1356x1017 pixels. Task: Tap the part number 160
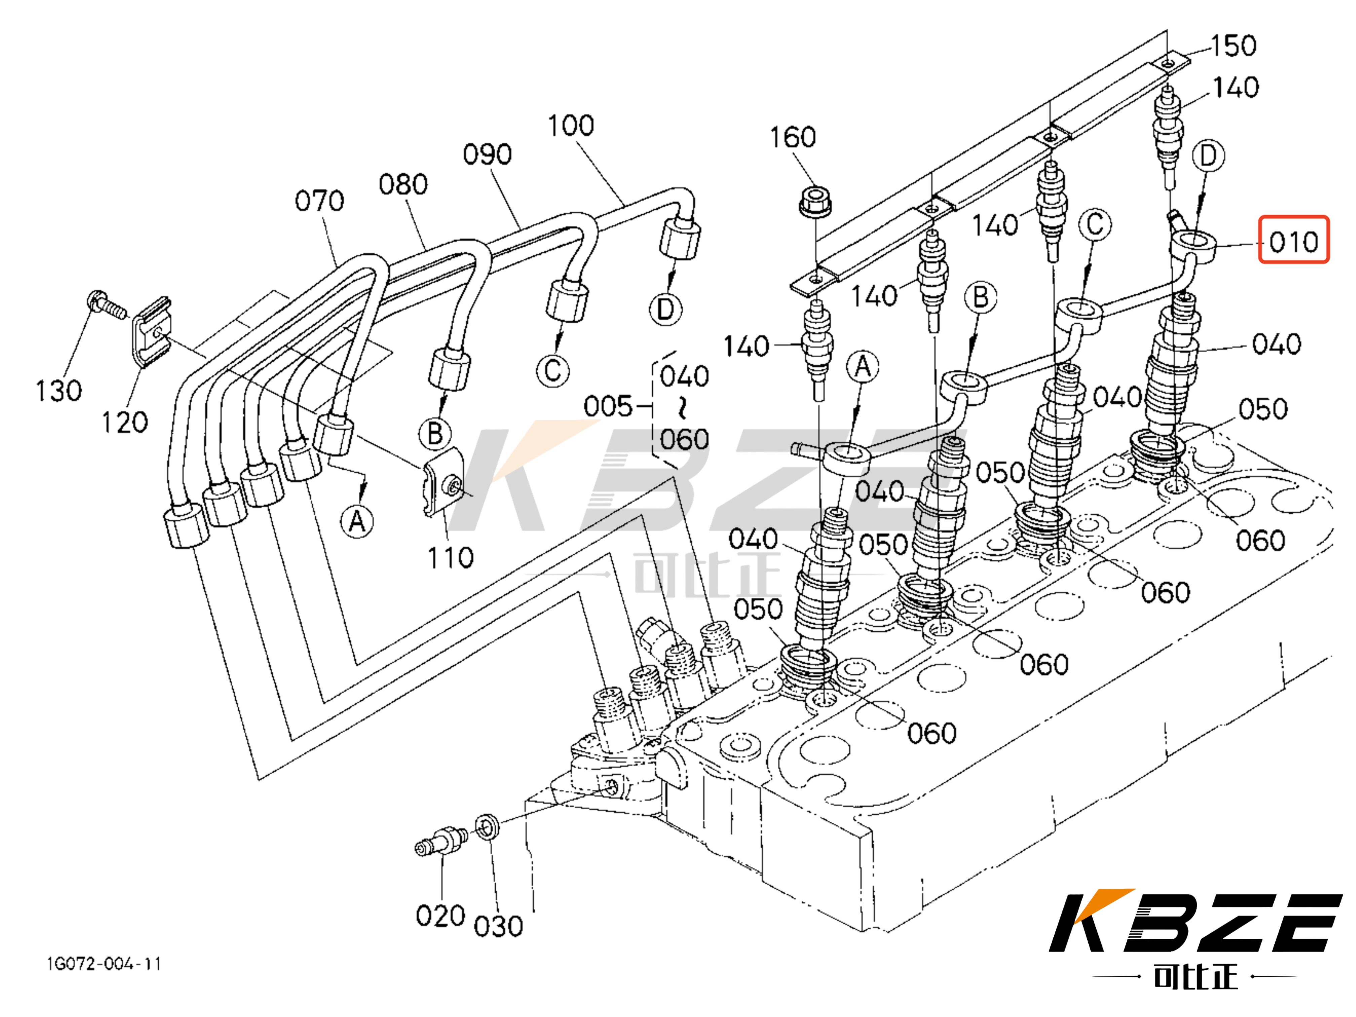[x=793, y=137]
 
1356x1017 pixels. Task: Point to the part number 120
[x=124, y=422]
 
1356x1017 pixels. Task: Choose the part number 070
[x=319, y=201]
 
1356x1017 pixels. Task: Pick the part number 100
[x=571, y=126]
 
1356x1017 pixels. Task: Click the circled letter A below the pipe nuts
[x=357, y=522]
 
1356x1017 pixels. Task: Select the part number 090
[x=487, y=154]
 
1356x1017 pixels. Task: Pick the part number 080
[x=403, y=185]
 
